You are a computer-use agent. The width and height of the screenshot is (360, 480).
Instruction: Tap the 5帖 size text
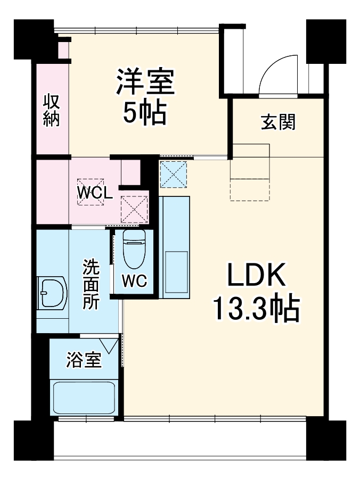coord(145,112)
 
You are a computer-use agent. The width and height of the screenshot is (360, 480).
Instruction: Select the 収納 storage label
coord(51,110)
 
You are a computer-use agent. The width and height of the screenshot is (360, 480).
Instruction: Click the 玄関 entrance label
coord(277,122)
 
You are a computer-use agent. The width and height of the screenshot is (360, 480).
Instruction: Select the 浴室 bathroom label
coord(83,360)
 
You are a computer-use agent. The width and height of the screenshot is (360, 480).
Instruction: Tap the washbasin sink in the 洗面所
coord(52,292)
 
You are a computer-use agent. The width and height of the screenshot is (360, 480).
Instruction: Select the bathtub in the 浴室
coord(84,396)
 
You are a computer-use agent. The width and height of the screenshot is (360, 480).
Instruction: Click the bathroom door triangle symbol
coord(111,346)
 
